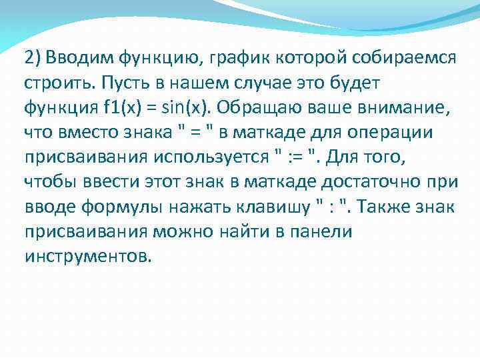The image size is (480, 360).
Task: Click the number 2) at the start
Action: click(x=33, y=58)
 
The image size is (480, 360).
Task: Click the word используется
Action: click(x=214, y=157)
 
